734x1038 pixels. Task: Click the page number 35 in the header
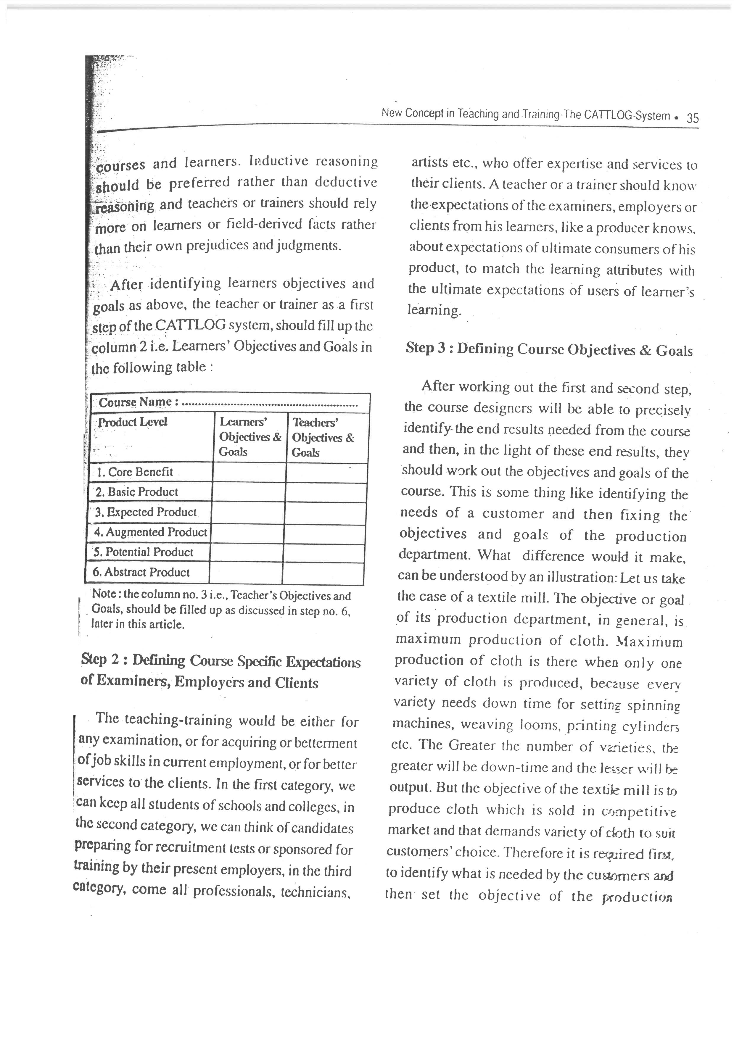(x=692, y=118)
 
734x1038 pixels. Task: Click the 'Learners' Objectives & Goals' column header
(x=250, y=437)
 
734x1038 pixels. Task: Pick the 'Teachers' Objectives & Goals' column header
(x=322, y=437)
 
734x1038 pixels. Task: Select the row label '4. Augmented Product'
(x=150, y=532)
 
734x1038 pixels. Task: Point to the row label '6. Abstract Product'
(x=141, y=572)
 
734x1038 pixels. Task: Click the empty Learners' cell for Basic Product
(x=248, y=492)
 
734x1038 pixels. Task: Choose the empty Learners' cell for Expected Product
(x=248, y=513)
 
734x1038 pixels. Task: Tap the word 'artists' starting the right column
(x=430, y=162)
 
